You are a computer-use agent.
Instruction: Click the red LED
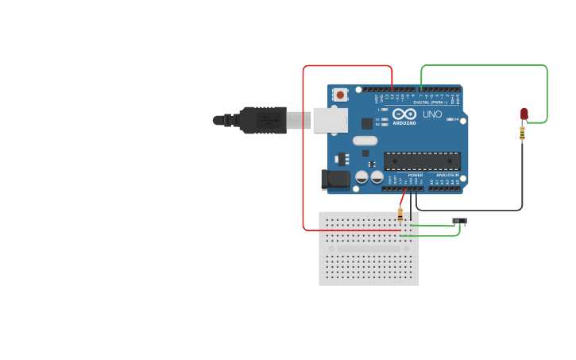[524, 114]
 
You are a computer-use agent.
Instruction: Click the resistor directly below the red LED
[522, 134]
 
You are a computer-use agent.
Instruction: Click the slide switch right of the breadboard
[459, 221]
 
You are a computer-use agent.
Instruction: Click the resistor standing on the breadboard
[400, 215]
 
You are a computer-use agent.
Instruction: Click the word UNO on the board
[432, 114]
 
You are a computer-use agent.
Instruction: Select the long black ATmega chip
[422, 161]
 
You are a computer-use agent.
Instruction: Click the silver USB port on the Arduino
[330, 120]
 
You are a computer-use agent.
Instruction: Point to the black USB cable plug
[262, 120]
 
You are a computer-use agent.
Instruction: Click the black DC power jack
[335, 180]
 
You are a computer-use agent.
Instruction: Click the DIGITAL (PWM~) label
[429, 103]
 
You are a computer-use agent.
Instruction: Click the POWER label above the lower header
[416, 175]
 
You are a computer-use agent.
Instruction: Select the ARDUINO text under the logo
[404, 123]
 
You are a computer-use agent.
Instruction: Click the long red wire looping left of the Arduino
[303, 151]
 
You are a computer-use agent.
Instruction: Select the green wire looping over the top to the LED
[485, 65]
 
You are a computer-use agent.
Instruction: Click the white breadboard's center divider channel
[369, 249]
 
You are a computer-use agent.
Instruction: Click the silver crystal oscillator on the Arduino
[365, 141]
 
